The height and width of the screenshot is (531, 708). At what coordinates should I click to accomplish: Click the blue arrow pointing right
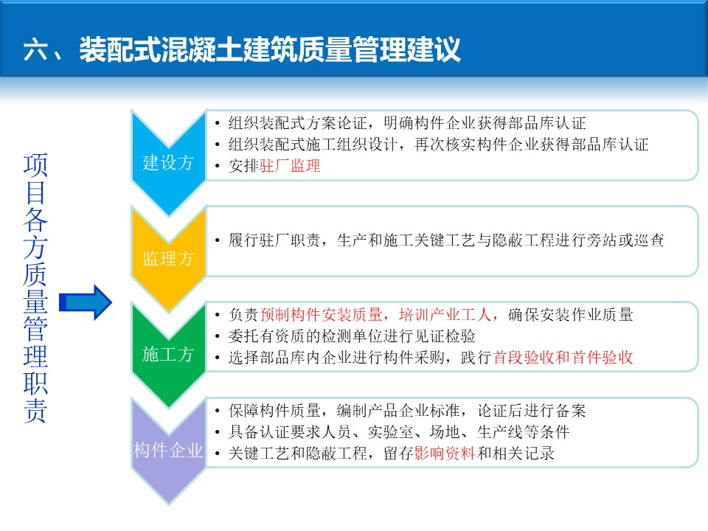pos(86,302)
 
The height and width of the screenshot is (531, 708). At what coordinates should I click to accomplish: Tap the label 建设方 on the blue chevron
pos(168,163)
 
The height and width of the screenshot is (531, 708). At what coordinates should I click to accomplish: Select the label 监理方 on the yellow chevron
pos(168,259)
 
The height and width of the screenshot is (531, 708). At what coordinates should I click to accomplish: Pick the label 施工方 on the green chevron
pos(168,355)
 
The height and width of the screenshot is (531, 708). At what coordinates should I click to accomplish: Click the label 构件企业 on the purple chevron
pos(168,450)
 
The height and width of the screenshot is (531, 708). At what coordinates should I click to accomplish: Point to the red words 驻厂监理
pos(290,166)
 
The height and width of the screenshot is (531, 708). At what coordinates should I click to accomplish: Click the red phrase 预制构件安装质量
pos(321,314)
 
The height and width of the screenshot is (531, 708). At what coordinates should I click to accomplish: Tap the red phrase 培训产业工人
pos(445,314)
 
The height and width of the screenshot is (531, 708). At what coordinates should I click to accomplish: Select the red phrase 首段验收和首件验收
pos(563,358)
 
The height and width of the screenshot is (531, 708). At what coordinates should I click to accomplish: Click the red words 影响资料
pos(444,453)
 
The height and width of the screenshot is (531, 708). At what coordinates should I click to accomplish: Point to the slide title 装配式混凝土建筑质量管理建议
pos(270,49)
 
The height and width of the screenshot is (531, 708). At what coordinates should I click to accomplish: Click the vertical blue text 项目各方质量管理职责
pos(35,288)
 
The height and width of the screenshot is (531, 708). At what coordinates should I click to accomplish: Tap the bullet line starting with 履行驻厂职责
pos(446,240)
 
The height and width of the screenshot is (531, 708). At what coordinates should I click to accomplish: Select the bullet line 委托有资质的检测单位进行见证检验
pos(352,336)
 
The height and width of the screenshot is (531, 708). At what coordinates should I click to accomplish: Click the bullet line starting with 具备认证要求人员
pos(399,431)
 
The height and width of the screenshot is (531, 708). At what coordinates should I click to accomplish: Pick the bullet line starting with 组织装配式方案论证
pos(407,123)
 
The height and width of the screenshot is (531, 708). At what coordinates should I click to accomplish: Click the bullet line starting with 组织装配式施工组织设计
pos(438,145)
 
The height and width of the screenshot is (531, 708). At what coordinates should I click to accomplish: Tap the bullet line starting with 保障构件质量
pos(407,411)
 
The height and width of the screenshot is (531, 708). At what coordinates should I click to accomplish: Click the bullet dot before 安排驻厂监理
pos(218,167)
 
